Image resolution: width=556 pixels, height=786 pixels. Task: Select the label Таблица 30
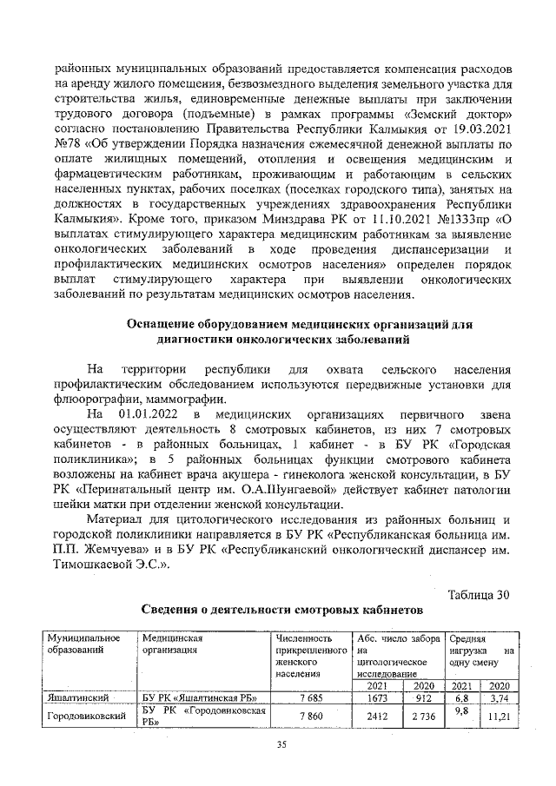coord(477,594)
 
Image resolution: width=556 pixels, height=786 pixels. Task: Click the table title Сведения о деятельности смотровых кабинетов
coord(282,611)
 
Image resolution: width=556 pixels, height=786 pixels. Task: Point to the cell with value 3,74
coord(499,697)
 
